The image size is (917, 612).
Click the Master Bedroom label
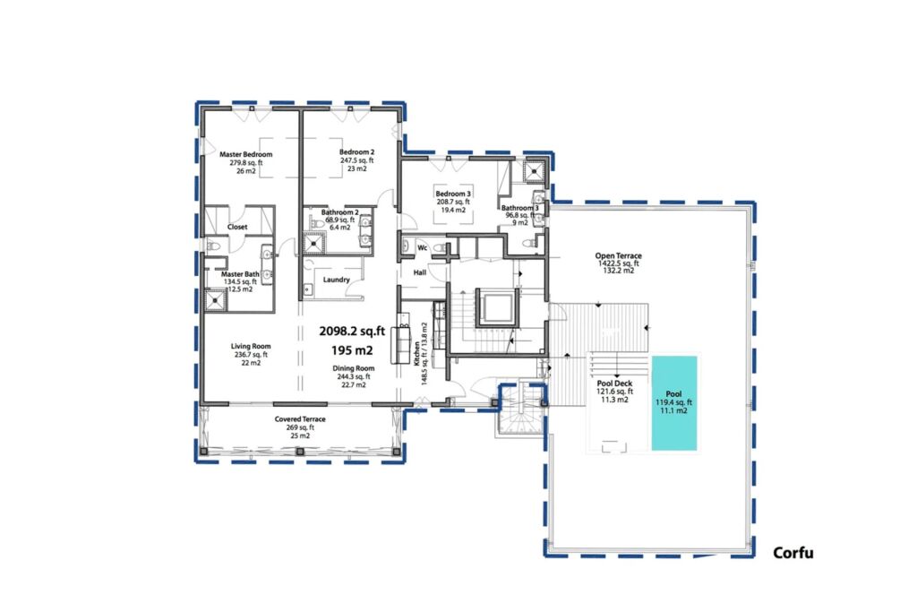coord(245,154)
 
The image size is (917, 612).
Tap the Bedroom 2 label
coord(356,152)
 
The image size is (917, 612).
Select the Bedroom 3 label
coord(453,194)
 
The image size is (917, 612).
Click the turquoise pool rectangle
coord(674,403)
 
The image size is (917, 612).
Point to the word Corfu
coord(793,552)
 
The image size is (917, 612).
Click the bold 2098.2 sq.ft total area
coord(352,332)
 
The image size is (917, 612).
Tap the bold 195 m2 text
coord(352,350)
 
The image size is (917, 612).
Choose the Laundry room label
coord(337,280)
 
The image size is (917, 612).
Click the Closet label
coord(237,227)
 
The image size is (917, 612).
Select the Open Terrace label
coord(618,255)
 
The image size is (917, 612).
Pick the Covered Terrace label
coord(300,419)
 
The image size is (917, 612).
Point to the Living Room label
coord(251,347)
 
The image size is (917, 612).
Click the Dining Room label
coord(353,368)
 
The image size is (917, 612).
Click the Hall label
coord(420,272)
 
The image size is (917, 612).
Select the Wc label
coord(423,248)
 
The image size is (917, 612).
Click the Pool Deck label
coord(614,384)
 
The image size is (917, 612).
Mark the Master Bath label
coord(240,274)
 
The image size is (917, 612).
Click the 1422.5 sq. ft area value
coord(618,263)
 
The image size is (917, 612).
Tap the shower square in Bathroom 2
coord(314,243)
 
